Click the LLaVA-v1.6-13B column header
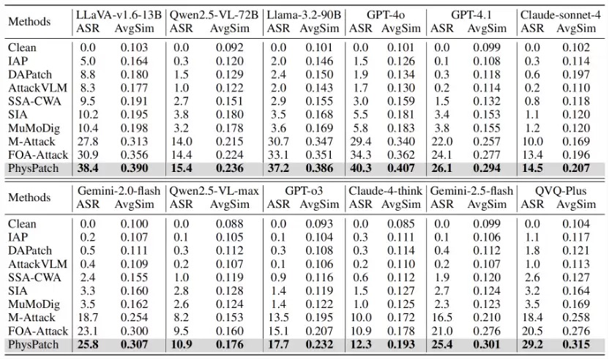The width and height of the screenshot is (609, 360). pos(119,15)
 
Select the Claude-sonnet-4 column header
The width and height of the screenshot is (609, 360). pos(561,15)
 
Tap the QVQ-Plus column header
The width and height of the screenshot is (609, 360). pos(560,191)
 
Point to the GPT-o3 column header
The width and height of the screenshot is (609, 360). pos(304,191)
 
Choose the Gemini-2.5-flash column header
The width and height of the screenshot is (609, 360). pos(471,191)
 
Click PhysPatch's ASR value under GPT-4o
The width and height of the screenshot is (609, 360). pos(360,168)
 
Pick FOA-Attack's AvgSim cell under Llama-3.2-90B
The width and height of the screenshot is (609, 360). pos(319,155)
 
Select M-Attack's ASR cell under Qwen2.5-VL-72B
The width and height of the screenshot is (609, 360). pos(181,141)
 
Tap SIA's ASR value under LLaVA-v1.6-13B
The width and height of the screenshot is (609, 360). pos(88,115)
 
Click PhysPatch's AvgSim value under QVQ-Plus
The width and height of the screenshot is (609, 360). pos(576,345)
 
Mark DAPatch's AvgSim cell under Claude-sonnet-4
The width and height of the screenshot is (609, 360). pos(576,75)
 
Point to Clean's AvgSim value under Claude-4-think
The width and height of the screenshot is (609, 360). pos(401,224)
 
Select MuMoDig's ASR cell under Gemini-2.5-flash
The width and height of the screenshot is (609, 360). pos(442,304)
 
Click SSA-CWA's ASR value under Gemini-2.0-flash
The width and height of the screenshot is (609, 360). pos(88,277)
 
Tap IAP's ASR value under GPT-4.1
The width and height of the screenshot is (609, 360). pos(442,61)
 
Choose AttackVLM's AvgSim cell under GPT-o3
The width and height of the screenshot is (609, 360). pos(319,264)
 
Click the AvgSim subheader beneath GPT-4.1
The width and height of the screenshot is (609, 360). pos(487,29)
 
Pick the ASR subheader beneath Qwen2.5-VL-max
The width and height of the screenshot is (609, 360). pos(181,204)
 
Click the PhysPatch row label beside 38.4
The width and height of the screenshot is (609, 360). pos(33,168)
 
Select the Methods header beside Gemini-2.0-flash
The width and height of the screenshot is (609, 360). pos(29,198)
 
